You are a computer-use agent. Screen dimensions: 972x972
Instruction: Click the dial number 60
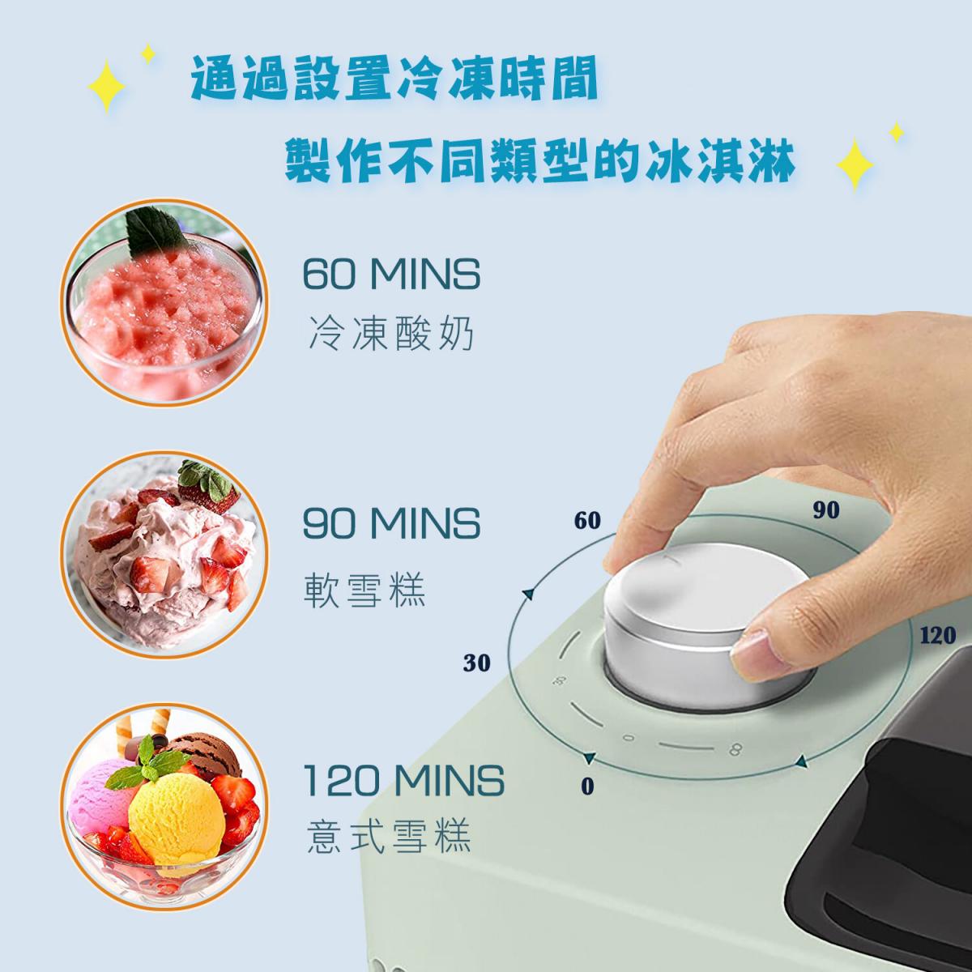[587, 520]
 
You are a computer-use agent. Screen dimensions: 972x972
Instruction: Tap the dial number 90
[825, 509]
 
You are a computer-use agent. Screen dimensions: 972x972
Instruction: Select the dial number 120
[937, 634]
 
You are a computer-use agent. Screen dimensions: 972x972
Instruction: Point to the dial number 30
[477, 663]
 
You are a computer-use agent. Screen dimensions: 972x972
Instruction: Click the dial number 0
[587, 786]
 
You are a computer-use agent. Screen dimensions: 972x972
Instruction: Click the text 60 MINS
[391, 275]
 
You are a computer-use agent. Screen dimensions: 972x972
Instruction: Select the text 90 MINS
[391, 524]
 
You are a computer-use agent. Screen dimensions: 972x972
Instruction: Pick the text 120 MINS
[403, 781]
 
